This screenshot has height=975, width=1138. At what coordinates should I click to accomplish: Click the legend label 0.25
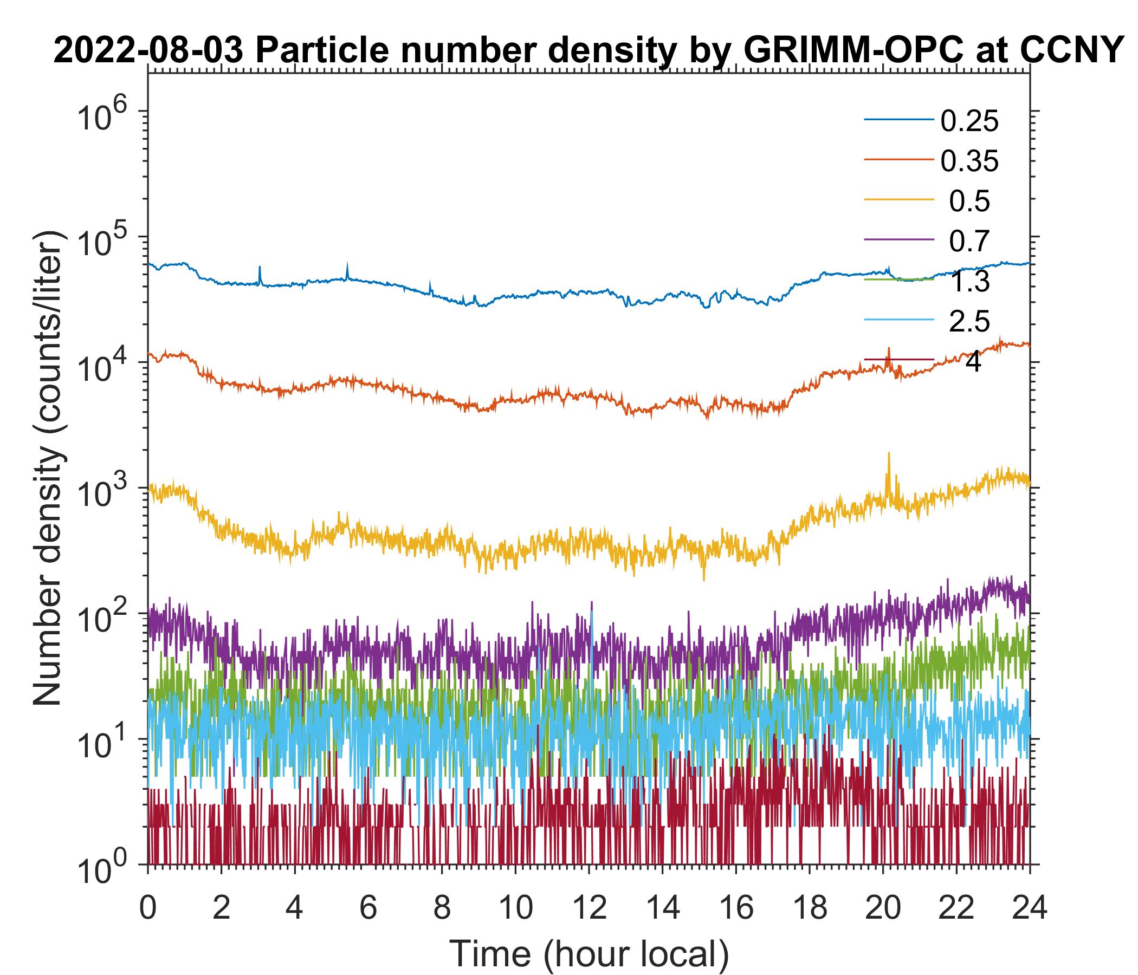click(969, 121)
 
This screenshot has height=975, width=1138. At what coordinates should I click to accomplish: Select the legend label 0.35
click(969, 161)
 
